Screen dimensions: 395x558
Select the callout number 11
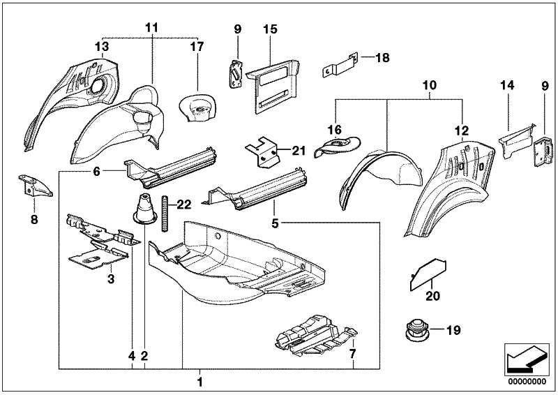click(152, 27)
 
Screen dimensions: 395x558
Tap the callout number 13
click(102, 46)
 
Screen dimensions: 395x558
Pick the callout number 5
click(275, 224)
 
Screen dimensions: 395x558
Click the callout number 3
click(110, 279)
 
